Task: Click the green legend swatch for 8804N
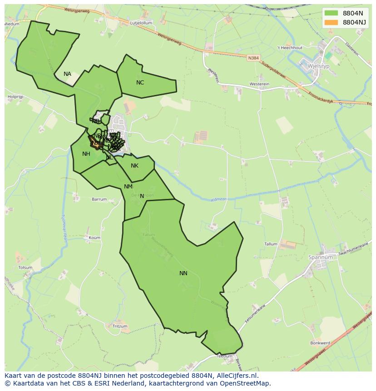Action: [x=331, y=13]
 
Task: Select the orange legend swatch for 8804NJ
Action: [x=331, y=22]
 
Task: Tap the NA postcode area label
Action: [x=67, y=74]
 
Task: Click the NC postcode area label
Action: [x=140, y=83]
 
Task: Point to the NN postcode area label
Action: [x=183, y=273]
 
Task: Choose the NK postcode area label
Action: [x=134, y=166]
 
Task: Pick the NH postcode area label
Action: [x=86, y=154]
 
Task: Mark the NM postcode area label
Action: [x=128, y=187]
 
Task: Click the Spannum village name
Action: [x=321, y=257]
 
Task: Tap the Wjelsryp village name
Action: [x=318, y=65]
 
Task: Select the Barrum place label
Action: [x=99, y=199]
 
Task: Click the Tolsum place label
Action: [x=25, y=268]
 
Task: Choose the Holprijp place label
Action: [x=15, y=97]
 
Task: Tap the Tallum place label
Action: [x=271, y=244]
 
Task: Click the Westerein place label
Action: [x=259, y=84]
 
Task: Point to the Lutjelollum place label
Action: [x=141, y=23]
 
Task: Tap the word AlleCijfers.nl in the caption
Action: [x=237, y=376]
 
